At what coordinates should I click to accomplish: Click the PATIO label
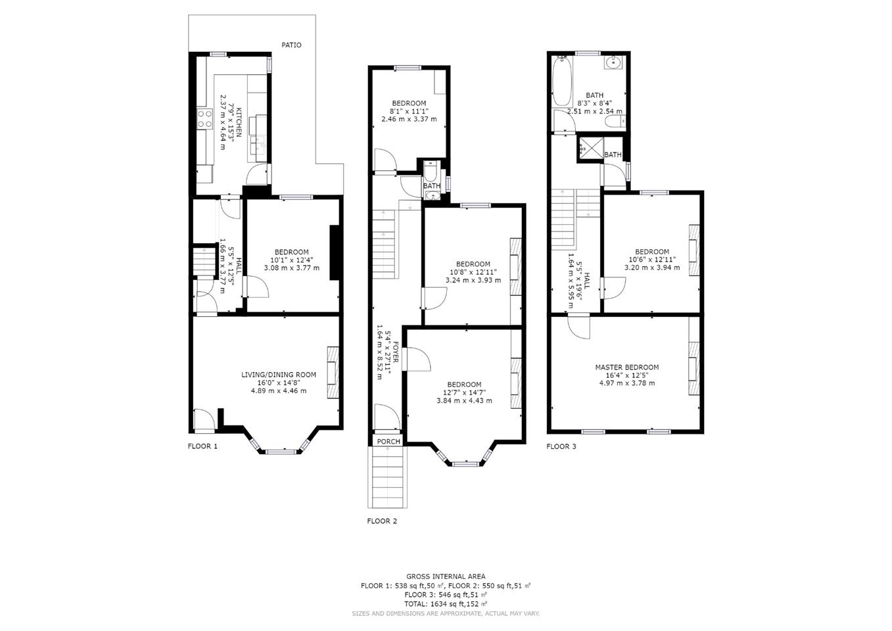(x=291, y=45)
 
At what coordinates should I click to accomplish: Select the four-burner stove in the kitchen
(x=205, y=119)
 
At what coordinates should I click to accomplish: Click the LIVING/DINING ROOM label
(x=279, y=375)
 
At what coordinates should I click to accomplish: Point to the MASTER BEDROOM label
(x=627, y=367)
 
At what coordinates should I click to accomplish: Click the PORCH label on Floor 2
(x=388, y=441)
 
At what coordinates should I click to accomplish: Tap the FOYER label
(x=396, y=352)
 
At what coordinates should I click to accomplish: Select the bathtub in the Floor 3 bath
(x=562, y=80)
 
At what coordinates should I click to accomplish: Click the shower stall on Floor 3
(x=590, y=149)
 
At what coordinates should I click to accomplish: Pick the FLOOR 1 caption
(x=202, y=446)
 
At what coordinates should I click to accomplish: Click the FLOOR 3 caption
(x=561, y=446)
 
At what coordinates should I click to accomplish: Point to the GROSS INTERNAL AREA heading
(x=446, y=576)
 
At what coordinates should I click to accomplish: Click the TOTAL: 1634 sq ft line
(x=446, y=604)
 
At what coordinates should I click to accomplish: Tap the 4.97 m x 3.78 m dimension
(x=627, y=383)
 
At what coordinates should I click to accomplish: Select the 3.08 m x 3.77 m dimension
(x=291, y=268)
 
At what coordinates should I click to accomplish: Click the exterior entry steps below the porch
(x=387, y=477)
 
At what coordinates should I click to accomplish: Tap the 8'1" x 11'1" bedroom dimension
(x=409, y=111)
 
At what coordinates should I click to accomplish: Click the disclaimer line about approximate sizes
(x=446, y=613)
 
